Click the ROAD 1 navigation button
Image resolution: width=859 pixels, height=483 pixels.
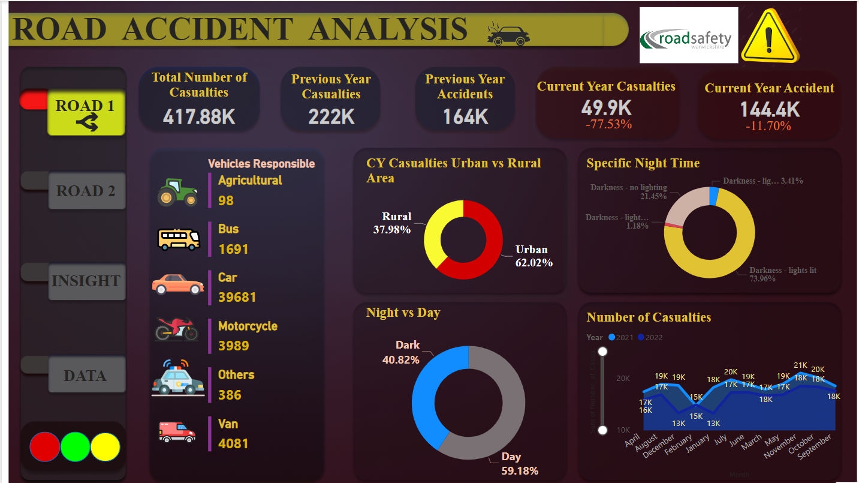pos(86,113)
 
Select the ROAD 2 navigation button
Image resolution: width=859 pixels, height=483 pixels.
pos(86,191)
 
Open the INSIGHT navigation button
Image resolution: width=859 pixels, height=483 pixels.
pos(86,281)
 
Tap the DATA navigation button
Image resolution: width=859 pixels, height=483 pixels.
pos(86,376)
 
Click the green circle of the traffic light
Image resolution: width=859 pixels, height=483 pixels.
pos(76,447)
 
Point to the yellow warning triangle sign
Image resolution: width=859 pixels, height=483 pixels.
pos(770,36)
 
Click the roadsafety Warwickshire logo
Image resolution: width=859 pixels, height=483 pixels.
pos(688,35)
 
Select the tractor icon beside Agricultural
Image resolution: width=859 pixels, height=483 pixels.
pos(177,192)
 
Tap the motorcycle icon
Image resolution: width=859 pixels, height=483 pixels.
pos(176,329)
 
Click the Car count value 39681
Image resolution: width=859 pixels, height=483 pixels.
pos(236,298)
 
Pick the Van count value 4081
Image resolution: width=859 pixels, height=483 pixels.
pos(233,444)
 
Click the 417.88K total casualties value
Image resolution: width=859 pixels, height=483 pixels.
pos(199,116)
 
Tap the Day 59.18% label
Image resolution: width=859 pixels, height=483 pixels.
pos(519,464)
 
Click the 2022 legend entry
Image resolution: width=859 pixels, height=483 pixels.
pos(650,337)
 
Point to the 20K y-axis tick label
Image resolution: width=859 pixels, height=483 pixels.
pos(623,379)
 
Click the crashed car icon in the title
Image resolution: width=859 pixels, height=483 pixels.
pos(508,35)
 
